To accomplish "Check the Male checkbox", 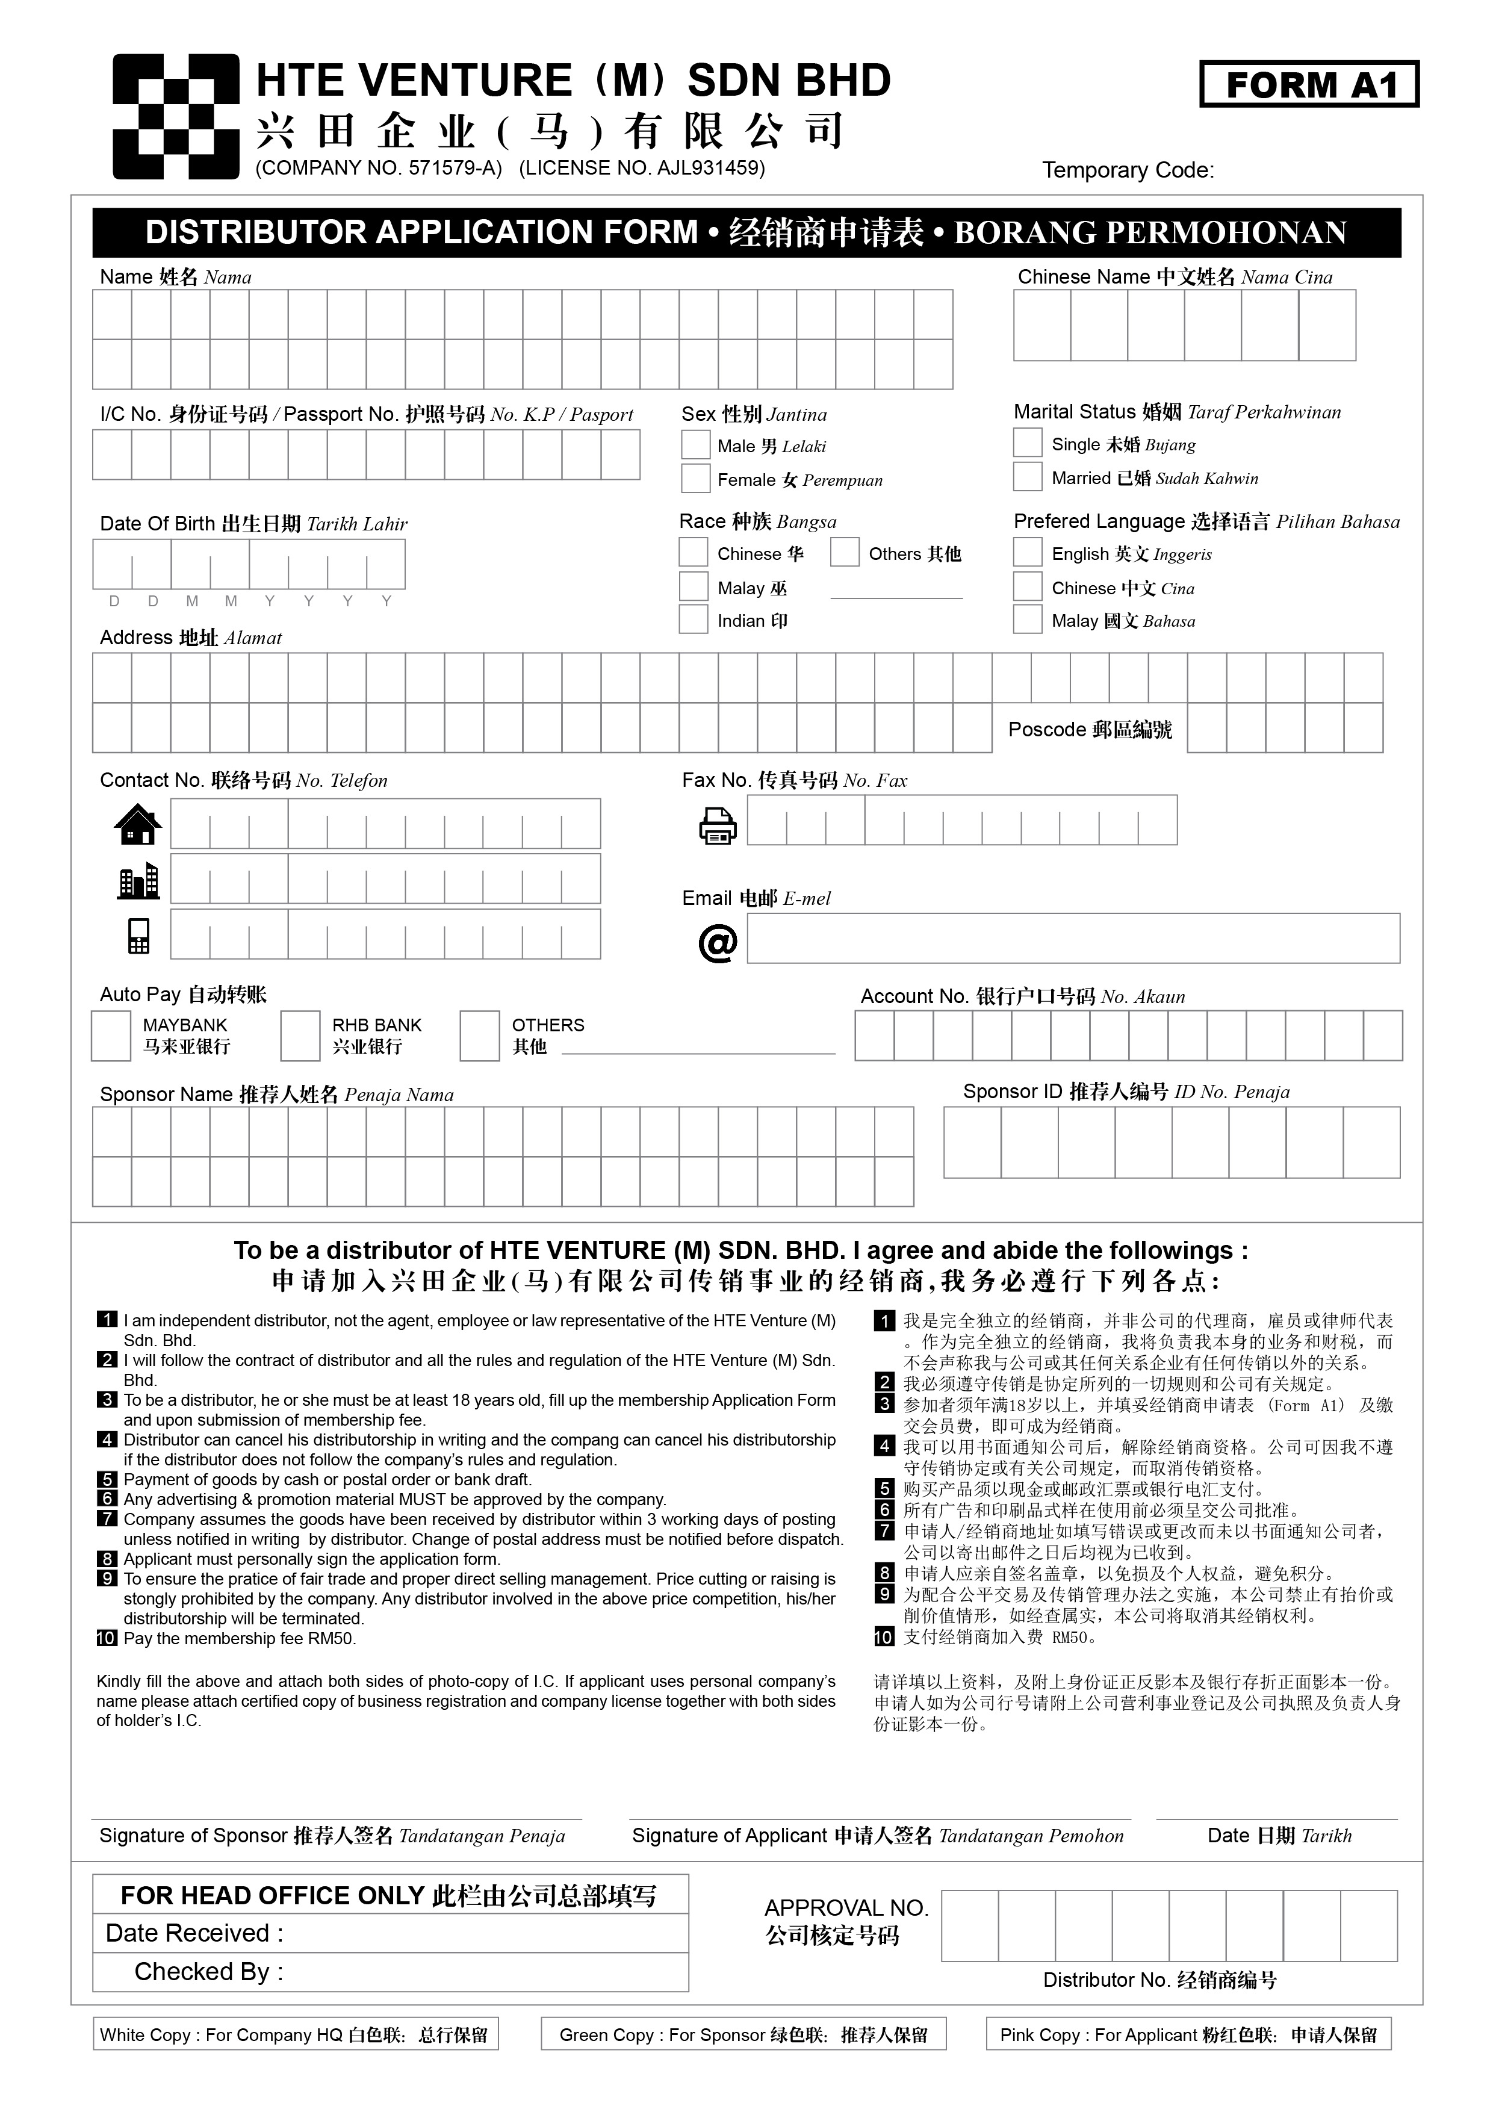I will [x=695, y=445].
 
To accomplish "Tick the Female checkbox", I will [x=695, y=478].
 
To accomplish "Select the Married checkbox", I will [x=1028, y=476].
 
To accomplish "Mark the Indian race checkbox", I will [x=693, y=619].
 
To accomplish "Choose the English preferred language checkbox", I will [x=1028, y=552].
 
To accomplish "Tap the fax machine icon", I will [x=718, y=824].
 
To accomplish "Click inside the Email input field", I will [x=1073, y=938].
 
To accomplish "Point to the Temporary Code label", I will [x=1127, y=170].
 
